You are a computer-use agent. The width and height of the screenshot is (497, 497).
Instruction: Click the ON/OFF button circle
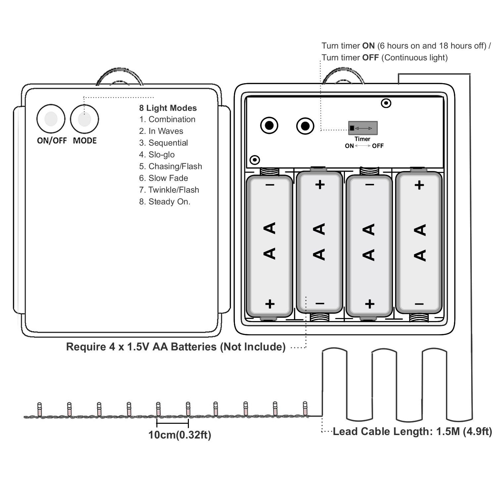coord(51,119)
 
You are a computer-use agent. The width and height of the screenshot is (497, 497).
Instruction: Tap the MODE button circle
coord(84,119)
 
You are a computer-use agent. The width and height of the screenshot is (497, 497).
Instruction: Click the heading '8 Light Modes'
coord(168,108)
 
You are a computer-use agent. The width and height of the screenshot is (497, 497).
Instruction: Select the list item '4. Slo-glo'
coord(157,155)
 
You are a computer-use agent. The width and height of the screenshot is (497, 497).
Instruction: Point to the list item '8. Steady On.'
coord(165,202)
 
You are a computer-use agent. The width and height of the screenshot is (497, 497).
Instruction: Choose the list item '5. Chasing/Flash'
coord(170,166)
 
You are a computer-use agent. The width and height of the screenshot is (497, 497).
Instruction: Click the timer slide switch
coord(362,128)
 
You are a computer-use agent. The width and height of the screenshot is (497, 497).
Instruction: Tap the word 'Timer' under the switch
coord(362,139)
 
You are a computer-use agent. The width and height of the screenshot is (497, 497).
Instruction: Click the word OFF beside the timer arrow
coord(378,146)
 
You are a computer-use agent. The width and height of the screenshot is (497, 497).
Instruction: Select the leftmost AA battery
coord(270,245)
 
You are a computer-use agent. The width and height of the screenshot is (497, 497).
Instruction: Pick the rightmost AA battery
coord(419,242)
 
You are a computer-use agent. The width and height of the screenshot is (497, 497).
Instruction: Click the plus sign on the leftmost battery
coord(270,304)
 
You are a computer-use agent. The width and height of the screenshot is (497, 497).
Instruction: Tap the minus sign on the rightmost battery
coord(419,304)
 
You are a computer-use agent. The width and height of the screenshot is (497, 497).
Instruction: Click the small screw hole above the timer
coord(386,103)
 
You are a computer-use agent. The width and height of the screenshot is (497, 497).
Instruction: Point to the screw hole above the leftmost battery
coord(254,160)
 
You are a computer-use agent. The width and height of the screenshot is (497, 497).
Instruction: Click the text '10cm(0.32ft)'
coord(180,435)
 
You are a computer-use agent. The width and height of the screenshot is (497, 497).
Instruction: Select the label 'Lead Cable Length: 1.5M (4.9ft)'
coord(412,431)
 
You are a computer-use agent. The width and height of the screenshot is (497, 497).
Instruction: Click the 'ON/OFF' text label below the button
coord(52,140)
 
